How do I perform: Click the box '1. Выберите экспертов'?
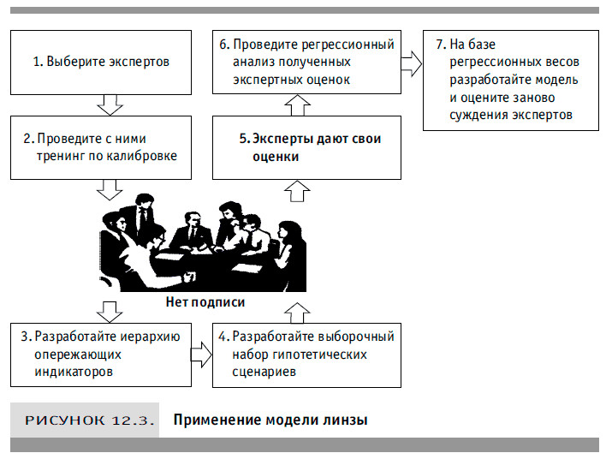pos(102,62)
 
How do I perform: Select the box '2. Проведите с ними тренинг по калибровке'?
pos(102,147)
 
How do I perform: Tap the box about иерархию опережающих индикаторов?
pos(102,354)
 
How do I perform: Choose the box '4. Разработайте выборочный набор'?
pos(306,354)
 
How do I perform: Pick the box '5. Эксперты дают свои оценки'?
pos(306,147)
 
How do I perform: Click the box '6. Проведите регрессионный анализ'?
pos(306,62)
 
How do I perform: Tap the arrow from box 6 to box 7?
pos(412,63)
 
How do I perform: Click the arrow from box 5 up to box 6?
pos(296,105)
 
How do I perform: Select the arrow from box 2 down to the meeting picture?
pos(109,190)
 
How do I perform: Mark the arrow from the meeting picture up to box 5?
pos(296,190)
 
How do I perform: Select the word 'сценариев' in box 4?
pos(266,373)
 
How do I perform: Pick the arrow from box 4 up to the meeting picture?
pos(296,310)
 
